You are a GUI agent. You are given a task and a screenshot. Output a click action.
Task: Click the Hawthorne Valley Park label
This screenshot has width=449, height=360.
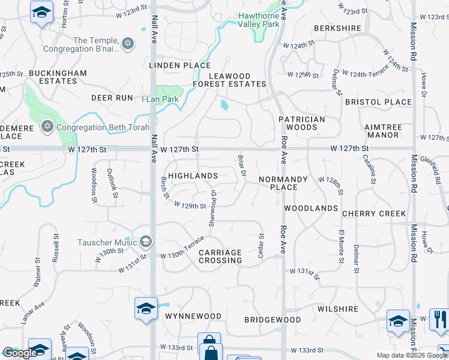pos(259,20)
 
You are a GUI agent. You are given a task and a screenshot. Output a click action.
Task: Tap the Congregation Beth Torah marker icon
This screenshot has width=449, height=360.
pos(47,127)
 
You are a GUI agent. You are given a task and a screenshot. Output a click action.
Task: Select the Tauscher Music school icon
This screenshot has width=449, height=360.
pos(145,241)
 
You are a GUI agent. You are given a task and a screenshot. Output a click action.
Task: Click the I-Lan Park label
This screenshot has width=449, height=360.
pos(160,99)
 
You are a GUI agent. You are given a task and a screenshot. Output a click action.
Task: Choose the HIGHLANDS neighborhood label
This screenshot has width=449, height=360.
pos(193,176)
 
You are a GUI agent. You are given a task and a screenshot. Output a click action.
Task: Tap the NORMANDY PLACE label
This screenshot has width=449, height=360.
pos(283,183)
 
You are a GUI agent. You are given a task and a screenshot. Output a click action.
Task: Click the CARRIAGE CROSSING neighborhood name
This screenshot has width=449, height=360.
pos(220,256)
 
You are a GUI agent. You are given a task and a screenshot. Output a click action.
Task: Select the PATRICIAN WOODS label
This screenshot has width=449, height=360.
pos(302,123)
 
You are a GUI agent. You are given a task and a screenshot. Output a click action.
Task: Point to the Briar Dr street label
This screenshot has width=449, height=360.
pos(243,164)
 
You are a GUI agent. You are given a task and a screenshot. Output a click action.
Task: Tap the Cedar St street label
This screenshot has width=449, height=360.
pos(261,247)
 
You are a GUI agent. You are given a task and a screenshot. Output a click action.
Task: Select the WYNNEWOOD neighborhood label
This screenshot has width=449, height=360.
pos(193,316)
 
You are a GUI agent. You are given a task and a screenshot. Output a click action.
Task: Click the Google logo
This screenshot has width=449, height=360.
pos(20,353)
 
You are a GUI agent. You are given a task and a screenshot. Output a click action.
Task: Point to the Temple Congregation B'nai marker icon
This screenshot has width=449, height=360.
pos(127,44)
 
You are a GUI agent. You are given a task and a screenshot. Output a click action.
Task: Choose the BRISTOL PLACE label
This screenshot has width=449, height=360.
pos(379,102)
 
